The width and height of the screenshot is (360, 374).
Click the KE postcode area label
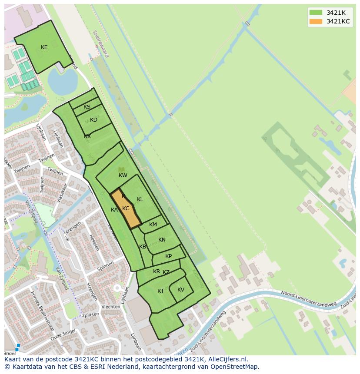[44, 47]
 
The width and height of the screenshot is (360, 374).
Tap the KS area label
[87, 107]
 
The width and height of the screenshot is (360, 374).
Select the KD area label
[93, 120]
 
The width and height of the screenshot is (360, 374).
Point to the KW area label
[123, 175]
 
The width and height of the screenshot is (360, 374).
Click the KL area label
[140, 199]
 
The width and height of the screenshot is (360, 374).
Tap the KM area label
[153, 225]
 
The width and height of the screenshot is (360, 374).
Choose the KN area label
[162, 240]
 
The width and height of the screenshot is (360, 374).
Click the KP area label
[168, 256]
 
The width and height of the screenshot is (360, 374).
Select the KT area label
[161, 291]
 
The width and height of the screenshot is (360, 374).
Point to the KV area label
[181, 290]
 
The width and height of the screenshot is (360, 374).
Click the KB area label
[143, 247]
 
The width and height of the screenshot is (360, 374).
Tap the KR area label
[157, 271]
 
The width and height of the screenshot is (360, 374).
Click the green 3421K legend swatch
[316, 13]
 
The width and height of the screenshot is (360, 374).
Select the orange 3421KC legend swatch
[316, 21]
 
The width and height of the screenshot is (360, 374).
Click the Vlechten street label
[111, 307]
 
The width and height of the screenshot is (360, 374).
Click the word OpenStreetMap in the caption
[235, 367]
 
